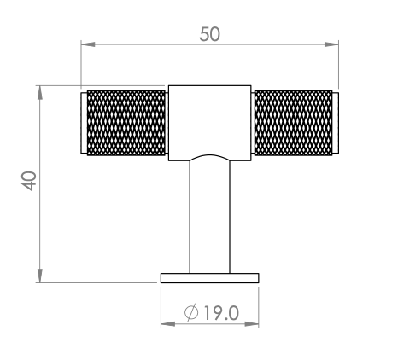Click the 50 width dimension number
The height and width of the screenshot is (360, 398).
pyautogui.click(x=210, y=34)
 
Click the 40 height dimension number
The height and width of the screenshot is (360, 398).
pyautogui.click(x=29, y=181)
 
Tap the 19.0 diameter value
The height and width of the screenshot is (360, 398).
pyautogui.click(x=221, y=313)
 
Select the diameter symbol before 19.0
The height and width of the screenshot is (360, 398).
pyautogui.click(x=191, y=313)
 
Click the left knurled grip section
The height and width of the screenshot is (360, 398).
pyautogui.click(x=126, y=123)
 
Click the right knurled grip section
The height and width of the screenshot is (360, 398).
pyautogui.click(x=293, y=123)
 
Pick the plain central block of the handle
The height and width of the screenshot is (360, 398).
pyautogui.click(x=210, y=123)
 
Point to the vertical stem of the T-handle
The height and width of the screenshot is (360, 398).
pyautogui.click(x=210, y=216)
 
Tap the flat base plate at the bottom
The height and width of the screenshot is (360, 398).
pyautogui.click(x=210, y=278)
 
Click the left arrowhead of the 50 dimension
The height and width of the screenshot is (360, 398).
pyautogui.click(x=88, y=44)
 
